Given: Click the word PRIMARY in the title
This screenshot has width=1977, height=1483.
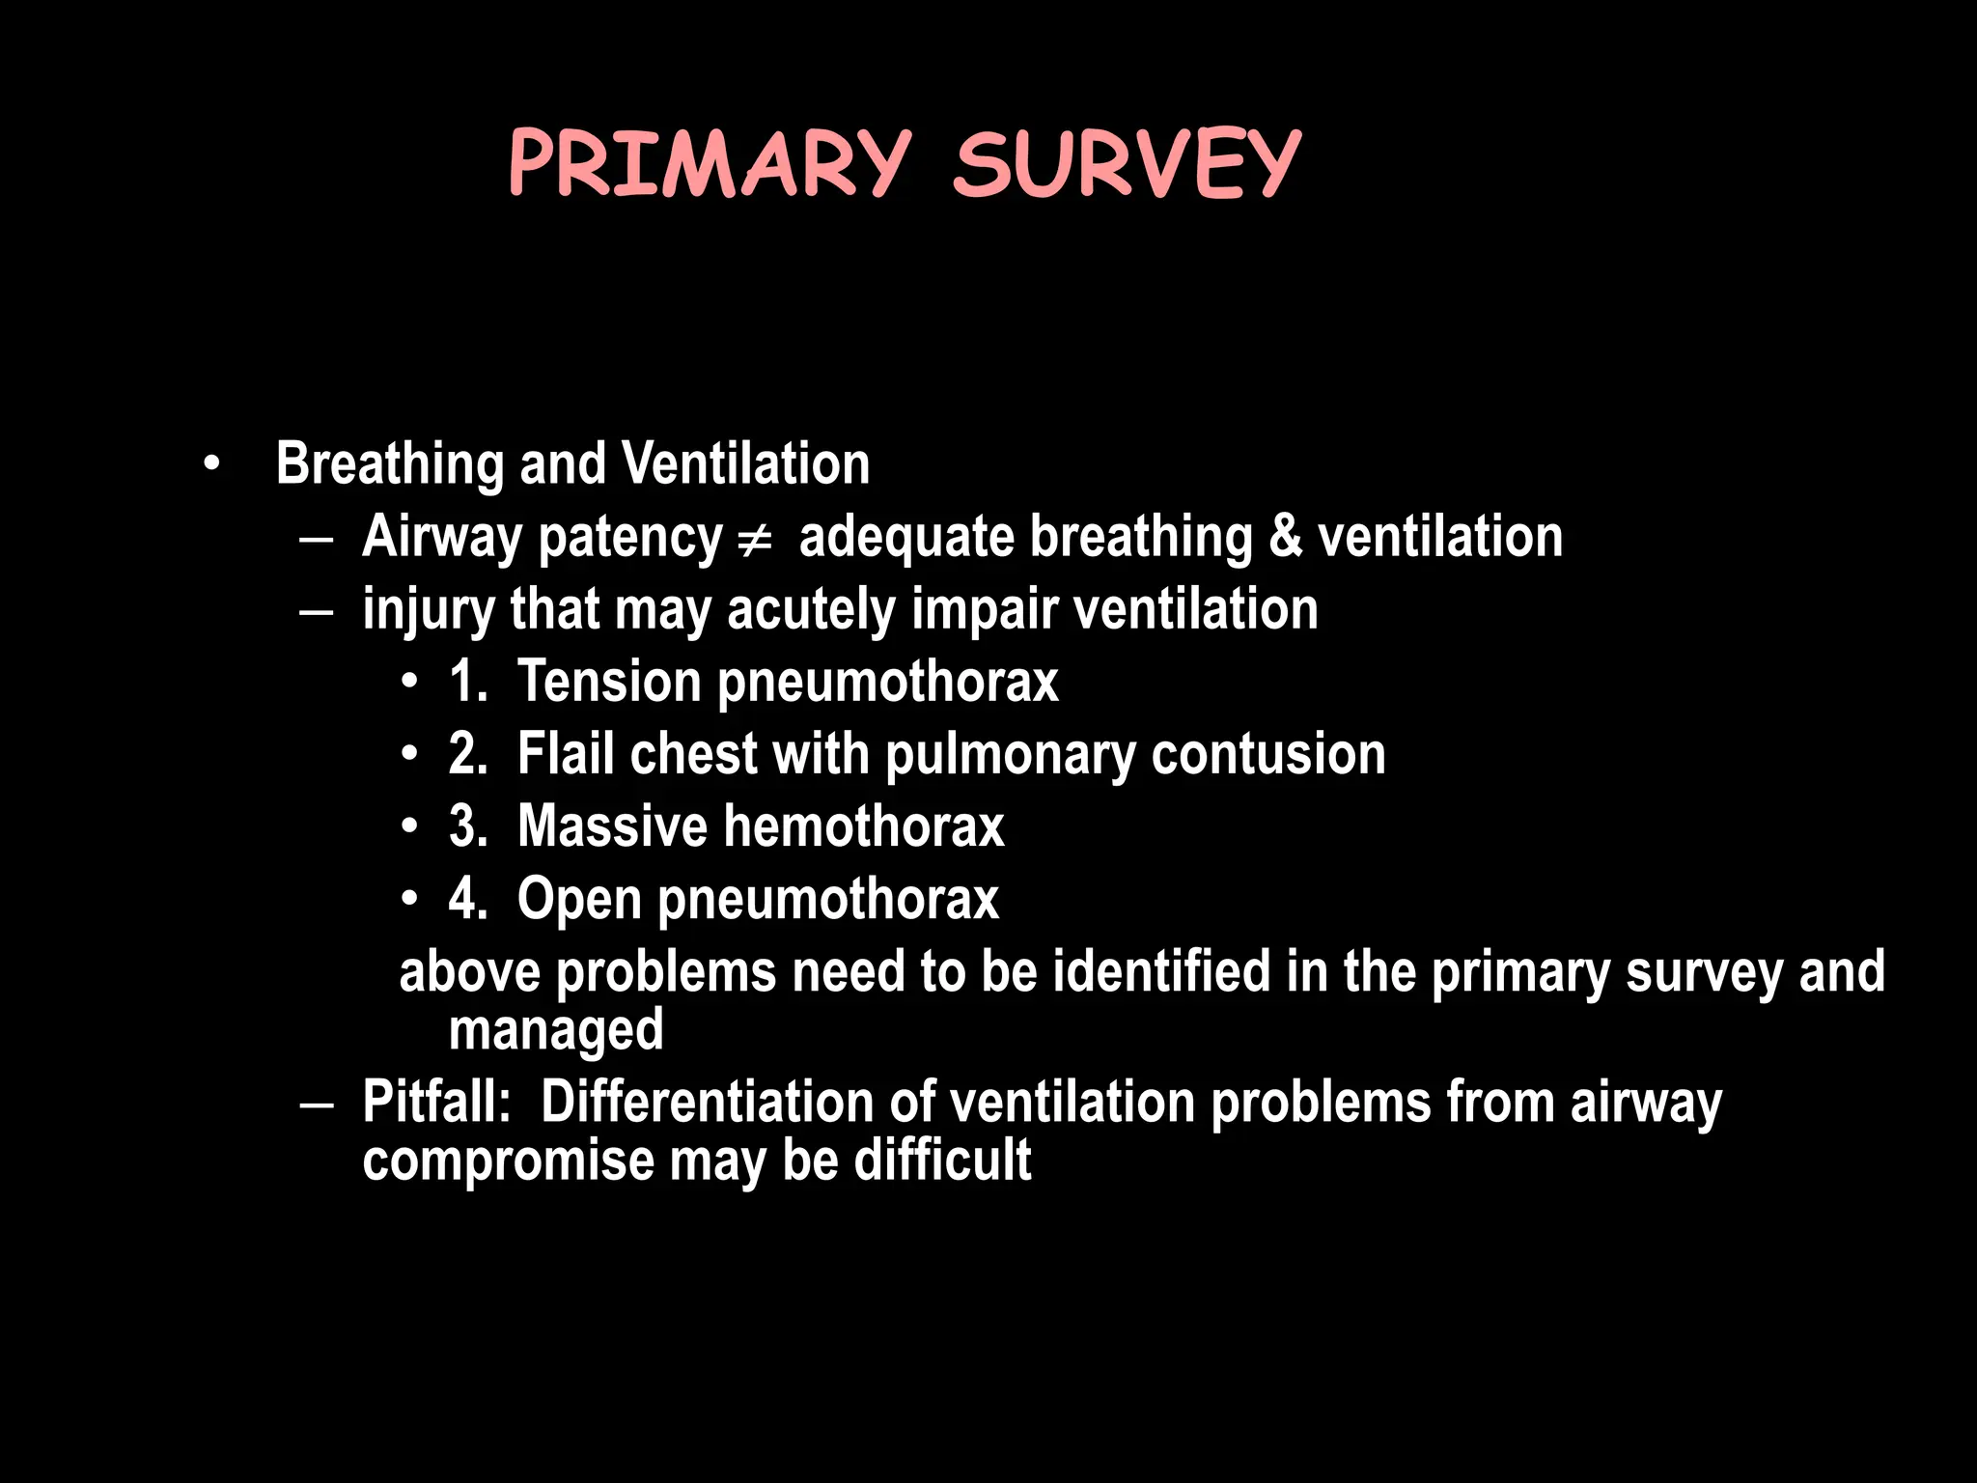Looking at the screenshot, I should (x=710, y=163).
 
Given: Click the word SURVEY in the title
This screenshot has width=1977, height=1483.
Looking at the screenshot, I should (x=1127, y=163).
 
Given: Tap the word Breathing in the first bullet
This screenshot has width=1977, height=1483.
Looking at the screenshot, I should (x=389, y=465).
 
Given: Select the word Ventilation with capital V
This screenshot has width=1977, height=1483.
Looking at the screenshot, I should (x=745, y=463).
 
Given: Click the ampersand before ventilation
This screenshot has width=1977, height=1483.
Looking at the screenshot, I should (x=1285, y=537).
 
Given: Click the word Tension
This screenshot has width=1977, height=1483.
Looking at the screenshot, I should (x=608, y=682).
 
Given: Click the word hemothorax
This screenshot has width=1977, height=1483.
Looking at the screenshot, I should (x=864, y=826).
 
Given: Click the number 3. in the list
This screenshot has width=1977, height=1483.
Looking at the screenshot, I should (x=468, y=826).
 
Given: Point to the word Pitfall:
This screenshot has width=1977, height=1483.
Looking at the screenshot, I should (x=436, y=1102).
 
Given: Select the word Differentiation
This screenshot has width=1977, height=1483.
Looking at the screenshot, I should (x=708, y=1102).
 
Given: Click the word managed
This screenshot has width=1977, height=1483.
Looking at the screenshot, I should (x=556, y=1031).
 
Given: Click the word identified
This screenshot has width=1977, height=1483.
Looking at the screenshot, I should (x=1161, y=971).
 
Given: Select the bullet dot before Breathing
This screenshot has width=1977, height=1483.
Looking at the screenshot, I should (x=211, y=465).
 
